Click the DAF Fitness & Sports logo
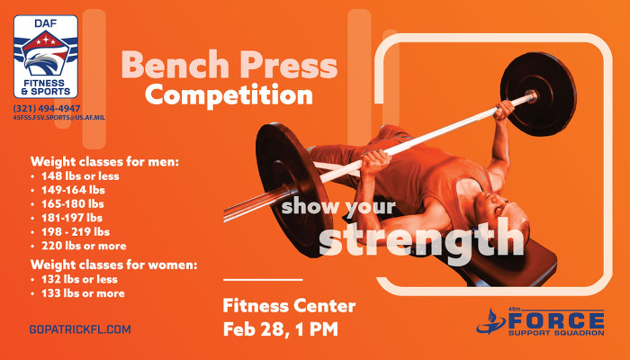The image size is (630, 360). coord(46,56)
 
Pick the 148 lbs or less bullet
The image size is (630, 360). coord(81,176)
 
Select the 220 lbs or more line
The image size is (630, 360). coord(84,245)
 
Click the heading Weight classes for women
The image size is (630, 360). coord(113,265)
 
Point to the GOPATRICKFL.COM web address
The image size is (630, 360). coord(80,329)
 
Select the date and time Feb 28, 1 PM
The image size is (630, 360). coord(280,328)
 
